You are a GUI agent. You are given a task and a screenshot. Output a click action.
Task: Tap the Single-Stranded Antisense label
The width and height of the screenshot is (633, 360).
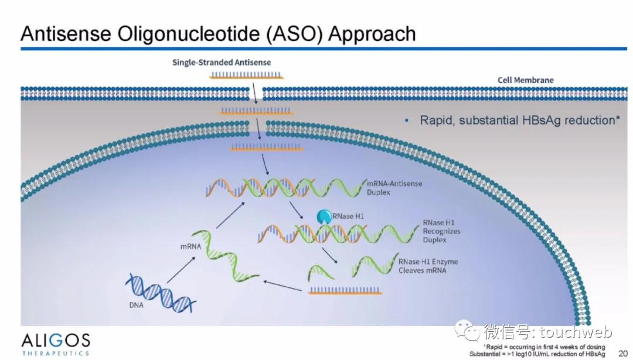[x=222, y=62]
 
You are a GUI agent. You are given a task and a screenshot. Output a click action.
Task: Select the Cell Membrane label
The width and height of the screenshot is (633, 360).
[x=525, y=80]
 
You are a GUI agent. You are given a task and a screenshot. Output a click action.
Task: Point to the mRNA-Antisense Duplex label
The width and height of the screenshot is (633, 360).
[x=394, y=188]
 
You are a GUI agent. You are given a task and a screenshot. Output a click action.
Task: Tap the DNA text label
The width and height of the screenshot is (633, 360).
[x=136, y=305]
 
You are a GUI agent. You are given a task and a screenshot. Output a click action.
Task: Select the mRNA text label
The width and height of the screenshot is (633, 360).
[x=190, y=247]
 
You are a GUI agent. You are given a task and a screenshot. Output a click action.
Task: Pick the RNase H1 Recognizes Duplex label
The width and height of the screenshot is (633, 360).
[x=441, y=231]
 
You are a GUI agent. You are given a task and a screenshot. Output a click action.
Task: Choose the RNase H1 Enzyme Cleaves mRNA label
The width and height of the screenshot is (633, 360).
[x=428, y=266]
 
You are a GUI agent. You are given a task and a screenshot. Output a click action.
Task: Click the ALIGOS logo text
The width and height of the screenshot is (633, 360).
[x=56, y=340]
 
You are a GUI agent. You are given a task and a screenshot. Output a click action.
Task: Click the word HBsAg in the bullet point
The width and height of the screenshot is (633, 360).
[x=539, y=120]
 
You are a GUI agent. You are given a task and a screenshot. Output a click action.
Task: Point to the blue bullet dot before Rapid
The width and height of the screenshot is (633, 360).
[x=407, y=121]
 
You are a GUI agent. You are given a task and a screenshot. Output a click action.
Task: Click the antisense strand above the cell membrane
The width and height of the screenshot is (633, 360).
[x=247, y=75]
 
